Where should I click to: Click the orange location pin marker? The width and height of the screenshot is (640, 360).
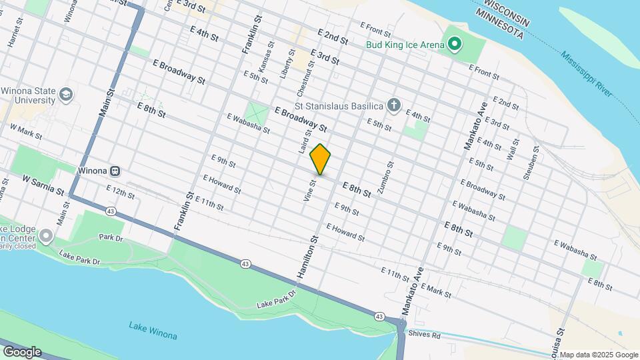click(321, 159)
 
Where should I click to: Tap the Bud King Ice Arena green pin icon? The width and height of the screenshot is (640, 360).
click(455, 45)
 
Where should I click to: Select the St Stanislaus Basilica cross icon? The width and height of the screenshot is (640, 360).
click(395, 105)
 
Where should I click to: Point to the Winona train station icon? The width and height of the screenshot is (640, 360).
click(115, 171)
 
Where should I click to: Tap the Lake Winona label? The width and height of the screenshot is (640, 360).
click(153, 329)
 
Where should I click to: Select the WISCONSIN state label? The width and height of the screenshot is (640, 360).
click(505, 13)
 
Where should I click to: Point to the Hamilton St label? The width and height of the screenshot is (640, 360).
click(314, 247)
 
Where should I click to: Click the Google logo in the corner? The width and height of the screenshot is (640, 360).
click(22, 351)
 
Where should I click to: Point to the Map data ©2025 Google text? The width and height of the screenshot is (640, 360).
click(598, 355)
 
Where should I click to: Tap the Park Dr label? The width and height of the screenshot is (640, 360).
click(111, 237)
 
